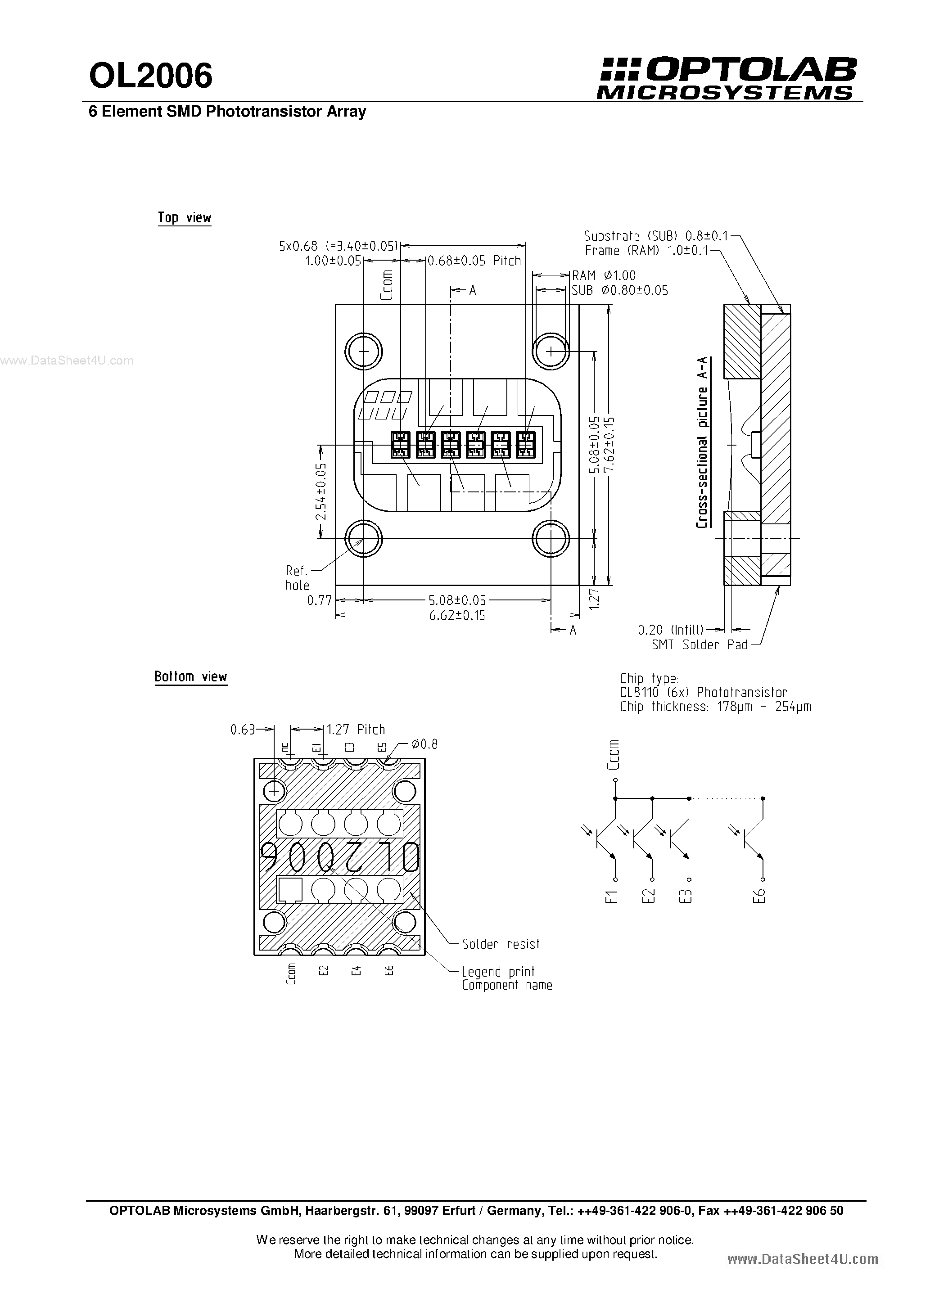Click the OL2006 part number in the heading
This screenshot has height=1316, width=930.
coord(151,76)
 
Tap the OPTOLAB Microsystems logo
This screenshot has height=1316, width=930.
coord(727,78)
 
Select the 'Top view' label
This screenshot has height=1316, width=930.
coord(185,218)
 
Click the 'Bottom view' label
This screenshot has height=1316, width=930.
coord(191,676)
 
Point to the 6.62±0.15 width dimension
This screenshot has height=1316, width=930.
coord(456,616)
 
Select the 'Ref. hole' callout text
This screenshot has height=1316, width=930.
coord(297,578)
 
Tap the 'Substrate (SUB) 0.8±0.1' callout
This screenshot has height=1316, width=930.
coord(656,235)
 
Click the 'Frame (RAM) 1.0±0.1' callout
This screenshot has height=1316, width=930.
coord(647,251)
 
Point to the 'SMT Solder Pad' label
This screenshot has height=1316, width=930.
coord(700,645)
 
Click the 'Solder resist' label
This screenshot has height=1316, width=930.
coord(501,944)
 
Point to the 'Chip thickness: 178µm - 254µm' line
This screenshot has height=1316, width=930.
coord(715,707)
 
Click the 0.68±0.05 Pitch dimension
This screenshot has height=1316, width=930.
coord(474,261)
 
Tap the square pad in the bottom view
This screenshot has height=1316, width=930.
coord(290,890)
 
